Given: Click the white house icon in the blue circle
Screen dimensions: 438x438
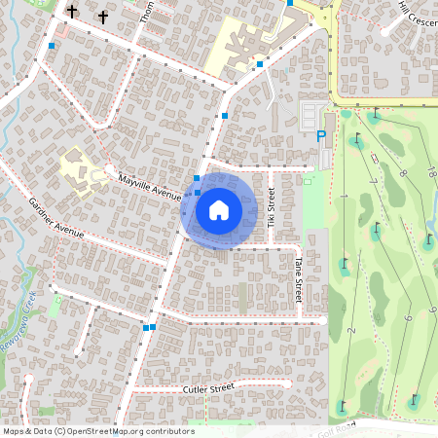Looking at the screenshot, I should (219, 209).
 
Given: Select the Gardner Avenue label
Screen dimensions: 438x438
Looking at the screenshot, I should (57, 219).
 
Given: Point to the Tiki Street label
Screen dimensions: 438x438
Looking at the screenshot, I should (272, 209).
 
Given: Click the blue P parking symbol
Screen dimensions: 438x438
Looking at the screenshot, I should (321, 136).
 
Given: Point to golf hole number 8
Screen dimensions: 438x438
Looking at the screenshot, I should (402, 173).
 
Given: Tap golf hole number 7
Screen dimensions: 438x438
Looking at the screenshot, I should (374, 183).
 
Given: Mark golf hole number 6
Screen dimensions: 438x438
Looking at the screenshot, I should (407, 317).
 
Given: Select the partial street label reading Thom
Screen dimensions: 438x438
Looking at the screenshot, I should (147, 12).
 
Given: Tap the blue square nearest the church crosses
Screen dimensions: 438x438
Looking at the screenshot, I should (51, 45).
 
